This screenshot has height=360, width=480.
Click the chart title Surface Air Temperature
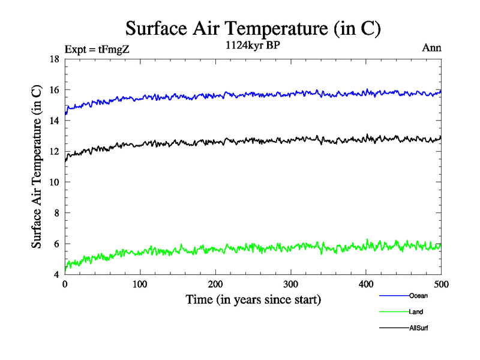point(253,28)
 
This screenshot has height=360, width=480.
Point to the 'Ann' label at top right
point(432,48)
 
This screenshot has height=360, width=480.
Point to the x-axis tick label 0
point(65,284)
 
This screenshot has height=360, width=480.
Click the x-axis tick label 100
point(140,284)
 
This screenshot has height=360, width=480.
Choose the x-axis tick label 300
point(290,284)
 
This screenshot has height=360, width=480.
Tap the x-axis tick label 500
point(441,284)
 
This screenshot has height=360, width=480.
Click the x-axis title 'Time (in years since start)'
point(253,299)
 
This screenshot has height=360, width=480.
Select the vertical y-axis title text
point(37,167)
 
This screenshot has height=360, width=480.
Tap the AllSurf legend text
point(419,328)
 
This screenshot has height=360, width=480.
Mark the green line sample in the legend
point(394,311)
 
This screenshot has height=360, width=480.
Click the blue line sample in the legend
point(394,295)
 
